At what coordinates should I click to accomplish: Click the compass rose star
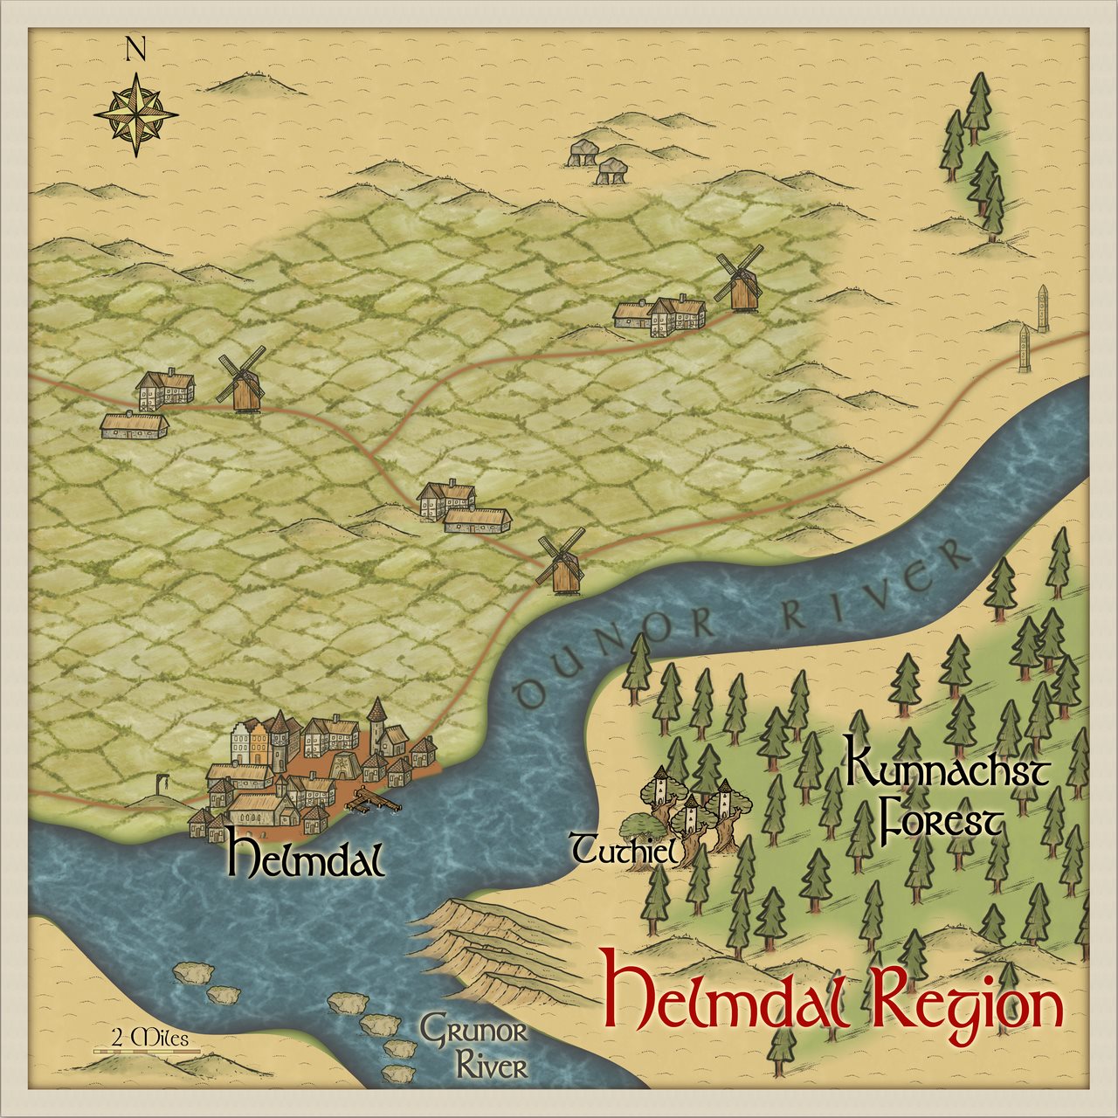coord(136,114)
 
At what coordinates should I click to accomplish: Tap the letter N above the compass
coord(135,49)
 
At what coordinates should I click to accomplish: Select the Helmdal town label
coord(305,859)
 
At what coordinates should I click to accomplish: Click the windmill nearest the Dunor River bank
coord(559,562)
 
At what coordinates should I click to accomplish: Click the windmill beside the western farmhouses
coord(242,380)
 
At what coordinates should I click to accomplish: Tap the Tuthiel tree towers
coord(690,808)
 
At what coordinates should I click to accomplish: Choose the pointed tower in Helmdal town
coord(376,724)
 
